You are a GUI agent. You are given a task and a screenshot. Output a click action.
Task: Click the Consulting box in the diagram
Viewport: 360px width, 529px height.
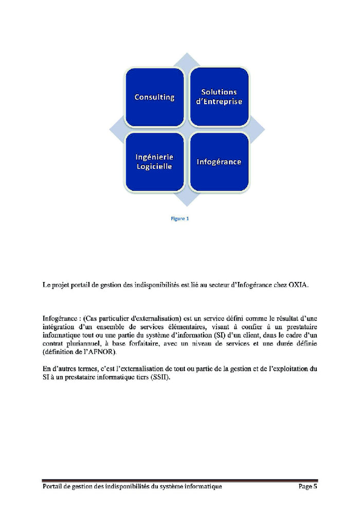pos(154,97)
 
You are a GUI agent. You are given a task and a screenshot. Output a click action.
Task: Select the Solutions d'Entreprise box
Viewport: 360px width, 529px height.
pos(219,97)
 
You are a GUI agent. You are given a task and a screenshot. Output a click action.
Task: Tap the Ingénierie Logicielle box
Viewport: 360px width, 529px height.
pos(154,162)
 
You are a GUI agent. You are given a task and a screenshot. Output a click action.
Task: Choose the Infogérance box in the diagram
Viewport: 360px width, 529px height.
pos(219,162)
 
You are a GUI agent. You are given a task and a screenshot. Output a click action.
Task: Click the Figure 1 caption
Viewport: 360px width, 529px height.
pos(180,218)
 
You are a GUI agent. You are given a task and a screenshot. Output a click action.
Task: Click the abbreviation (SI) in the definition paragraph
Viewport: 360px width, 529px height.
pos(218,335)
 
